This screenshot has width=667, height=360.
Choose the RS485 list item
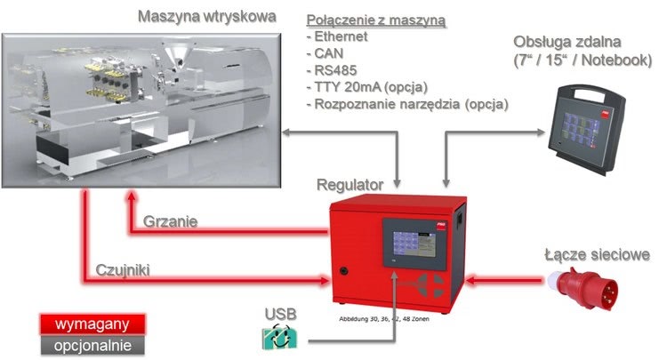333,71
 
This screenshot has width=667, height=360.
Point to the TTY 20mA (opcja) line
367,87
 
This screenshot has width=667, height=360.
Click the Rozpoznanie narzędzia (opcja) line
406,104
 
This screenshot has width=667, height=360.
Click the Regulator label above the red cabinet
350,185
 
